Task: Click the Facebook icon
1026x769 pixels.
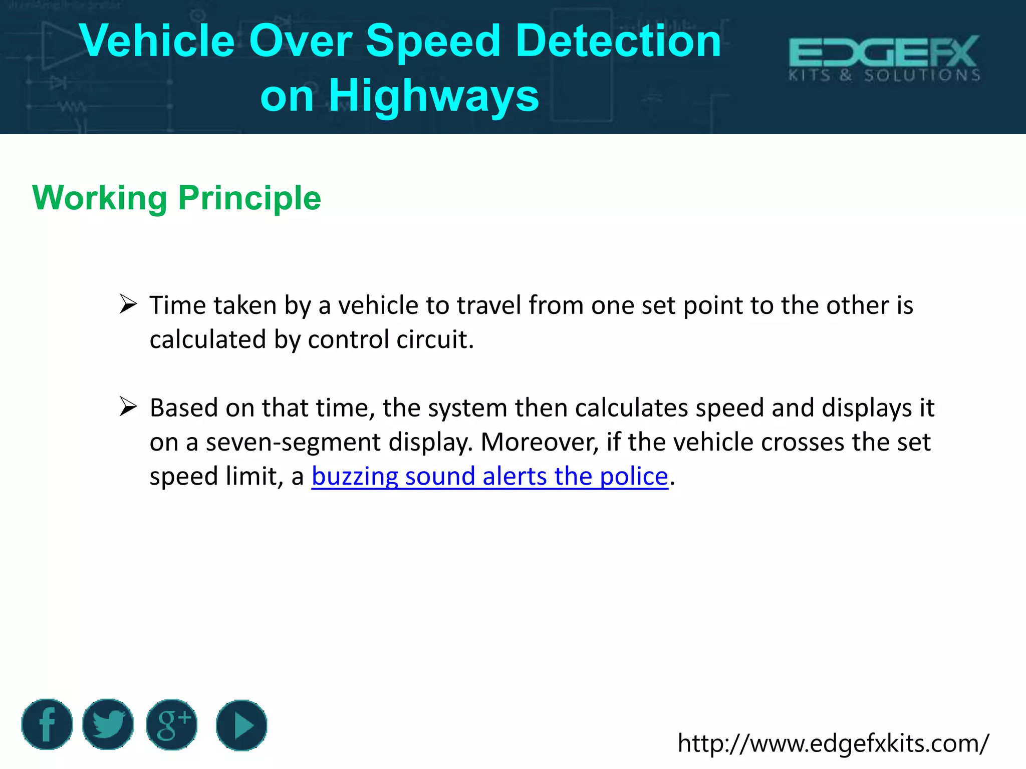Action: click(47, 724)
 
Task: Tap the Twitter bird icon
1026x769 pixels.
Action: click(108, 724)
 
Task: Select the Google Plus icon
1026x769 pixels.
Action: click(172, 724)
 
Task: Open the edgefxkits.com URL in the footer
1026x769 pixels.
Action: click(833, 743)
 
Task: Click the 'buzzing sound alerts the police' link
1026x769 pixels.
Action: click(489, 476)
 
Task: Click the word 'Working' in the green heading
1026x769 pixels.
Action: click(99, 198)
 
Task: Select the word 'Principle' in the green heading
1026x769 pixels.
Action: click(249, 198)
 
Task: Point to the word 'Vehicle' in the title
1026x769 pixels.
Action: click(157, 41)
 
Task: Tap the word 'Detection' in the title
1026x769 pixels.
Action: click(618, 41)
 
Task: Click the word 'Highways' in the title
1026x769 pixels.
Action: click(434, 96)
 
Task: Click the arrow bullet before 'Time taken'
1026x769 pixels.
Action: click(128, 304)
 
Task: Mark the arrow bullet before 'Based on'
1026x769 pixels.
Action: click(128, 407)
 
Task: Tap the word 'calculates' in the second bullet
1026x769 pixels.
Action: click(631, 408)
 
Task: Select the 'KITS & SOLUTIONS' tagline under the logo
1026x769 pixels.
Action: click(884, 76)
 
